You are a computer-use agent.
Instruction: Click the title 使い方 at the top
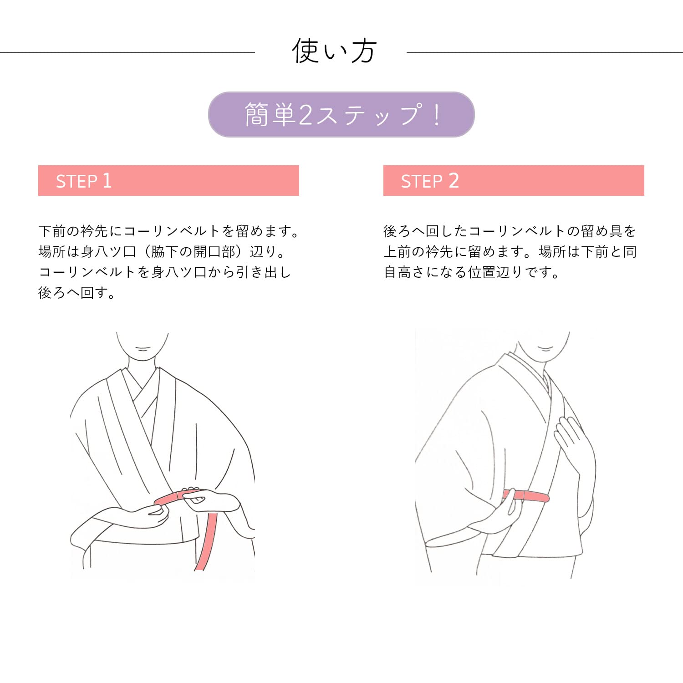[x=334, y=51]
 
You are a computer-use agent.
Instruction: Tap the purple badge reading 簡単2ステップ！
[x=341, y=114]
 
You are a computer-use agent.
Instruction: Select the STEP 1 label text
[x=84, y=181]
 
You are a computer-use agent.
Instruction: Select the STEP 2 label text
[x=430, y=181]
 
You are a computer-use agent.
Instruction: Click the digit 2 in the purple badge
[x=306, y=115]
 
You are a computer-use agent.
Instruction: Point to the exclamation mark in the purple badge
[x=437, y=115]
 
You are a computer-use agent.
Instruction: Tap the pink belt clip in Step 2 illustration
[x=526, y=496]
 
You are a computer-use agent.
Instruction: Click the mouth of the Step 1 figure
[x=143, y=349]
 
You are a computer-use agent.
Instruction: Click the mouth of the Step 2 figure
[x=545, y=349]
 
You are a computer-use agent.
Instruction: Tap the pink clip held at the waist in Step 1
[x=171, y=497]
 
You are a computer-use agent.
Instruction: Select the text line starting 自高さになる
[x=471, y=272]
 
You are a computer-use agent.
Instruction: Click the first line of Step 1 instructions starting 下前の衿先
[x=168, y=231]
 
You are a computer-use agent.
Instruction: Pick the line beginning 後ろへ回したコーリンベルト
[x=510, y=231]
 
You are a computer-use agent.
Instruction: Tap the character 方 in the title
[x=363, y=51]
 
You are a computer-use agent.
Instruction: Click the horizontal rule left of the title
[x=127, y=53]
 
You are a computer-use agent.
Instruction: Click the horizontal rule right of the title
[x=545, y=53]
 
